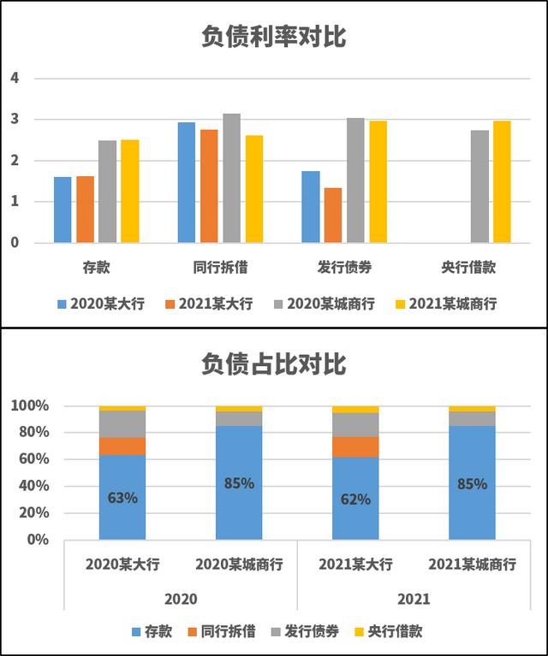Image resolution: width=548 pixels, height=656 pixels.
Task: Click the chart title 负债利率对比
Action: click(x=274, y=37)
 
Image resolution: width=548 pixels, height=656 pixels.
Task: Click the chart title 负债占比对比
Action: click(x=274, y=364)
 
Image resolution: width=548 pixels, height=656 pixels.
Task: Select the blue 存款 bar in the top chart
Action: click(x=63, y=210)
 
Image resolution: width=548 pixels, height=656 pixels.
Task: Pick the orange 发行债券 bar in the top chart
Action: click(x=333, y=215)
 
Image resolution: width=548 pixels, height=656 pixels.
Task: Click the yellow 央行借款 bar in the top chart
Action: click(x=502, y=181)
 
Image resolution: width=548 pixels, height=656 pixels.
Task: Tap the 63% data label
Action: click(x=122, y=497)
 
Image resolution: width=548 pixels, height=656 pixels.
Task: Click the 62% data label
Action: click(x=355, y=499)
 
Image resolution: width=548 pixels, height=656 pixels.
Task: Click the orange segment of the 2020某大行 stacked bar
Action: click(x=122, y=446)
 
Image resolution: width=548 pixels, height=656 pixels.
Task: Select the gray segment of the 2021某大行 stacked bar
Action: click(x=355, y=424)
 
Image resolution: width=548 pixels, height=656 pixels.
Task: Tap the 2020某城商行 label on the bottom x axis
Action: click(x=239, y=564)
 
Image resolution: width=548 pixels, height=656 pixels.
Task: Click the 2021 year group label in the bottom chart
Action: click(x=414, y=598)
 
